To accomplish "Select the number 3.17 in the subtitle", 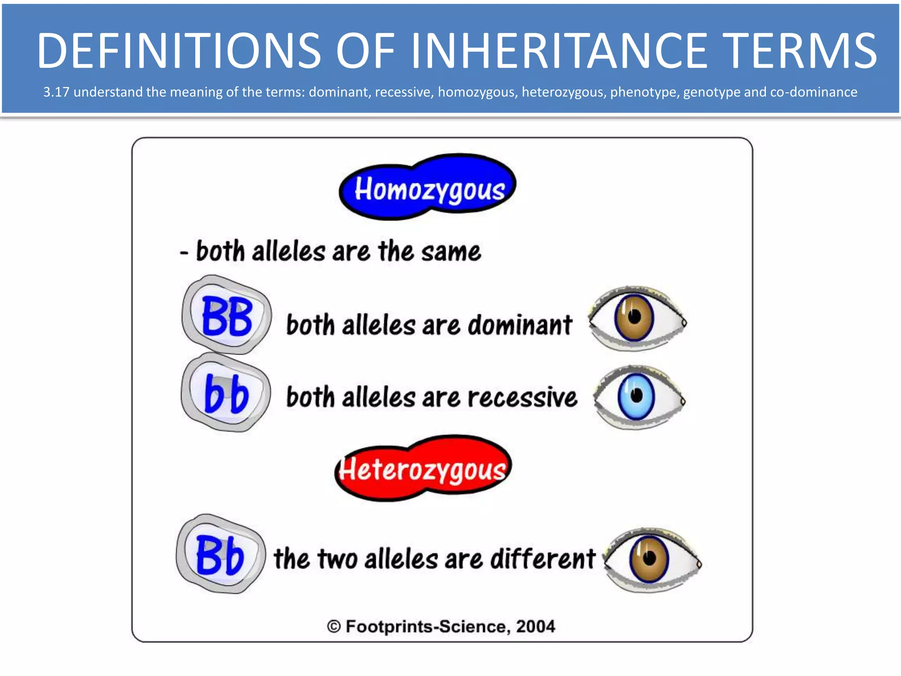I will [56, 92].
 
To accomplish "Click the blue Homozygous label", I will [429, 188].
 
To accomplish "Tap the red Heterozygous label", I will [423, 469].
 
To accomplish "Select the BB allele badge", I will [227, 315].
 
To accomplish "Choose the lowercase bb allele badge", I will [226, 393].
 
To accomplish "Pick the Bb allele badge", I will [220, 555].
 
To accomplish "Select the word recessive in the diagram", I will [522, 397].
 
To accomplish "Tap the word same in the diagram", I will [450, 252].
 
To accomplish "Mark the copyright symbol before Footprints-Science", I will [334, 626].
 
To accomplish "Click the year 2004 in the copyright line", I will [535, 626].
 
